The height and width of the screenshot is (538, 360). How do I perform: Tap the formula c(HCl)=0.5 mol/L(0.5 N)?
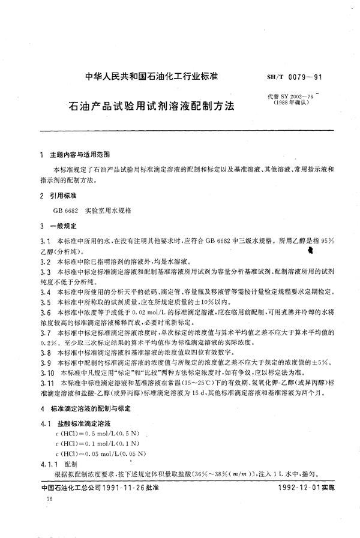(x=92, y=434)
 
